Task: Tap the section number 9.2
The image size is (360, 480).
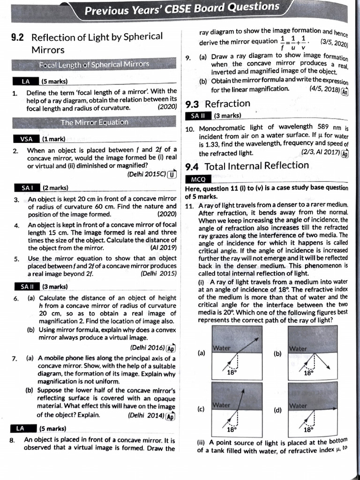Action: tap(19, 37)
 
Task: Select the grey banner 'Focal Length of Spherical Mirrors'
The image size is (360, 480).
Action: tap(94, 64)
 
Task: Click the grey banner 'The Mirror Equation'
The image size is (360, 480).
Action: tap(94, 122)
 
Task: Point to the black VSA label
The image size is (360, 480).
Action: tap(26, 139)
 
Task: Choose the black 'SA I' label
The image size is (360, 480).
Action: tap(26, 188)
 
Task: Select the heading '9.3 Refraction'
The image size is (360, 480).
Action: tap(218, 104)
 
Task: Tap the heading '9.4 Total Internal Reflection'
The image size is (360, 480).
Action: tap(247, 165)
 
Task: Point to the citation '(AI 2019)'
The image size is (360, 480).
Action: tap(163, 247)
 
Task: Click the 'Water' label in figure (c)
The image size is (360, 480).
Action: tap(220, 405)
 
